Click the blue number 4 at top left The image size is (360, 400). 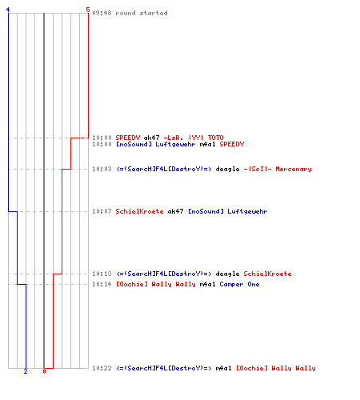pyautogui.click(x=8, y=10)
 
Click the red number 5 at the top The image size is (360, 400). pyautogui.click(x=88, y=10)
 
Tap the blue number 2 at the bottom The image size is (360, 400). pyautogui.click(x=26, y=371)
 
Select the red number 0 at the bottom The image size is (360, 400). pyautogui.click(x=44, y=371)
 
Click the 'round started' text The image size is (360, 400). pyautogui.click(x=142, y=13)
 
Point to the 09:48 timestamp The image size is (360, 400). pyautogui.click(x=102, y=13)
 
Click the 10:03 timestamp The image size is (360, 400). pyautogui.click(x=102, y=169)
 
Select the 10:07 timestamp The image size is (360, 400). pyautogui.click(x=102, y=211)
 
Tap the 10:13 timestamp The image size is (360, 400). pyautogui.click(x=102, y=274)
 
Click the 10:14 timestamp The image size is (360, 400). pyautogui.click(x=102, y=284)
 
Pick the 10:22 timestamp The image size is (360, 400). pyautogui.click(x=102, y=368)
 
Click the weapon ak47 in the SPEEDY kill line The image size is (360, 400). pyautogui.click(x=151, y=138)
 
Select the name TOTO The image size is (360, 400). pyautogui.click(x=215, y=138)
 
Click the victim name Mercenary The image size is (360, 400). pyautogui.click(x=294, y=169)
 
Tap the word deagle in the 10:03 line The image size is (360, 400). pyautogui.click(x=227, y=170)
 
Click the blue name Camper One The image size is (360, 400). pyautogui.click(x=239, y=285)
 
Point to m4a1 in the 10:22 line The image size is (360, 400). pyautogui.click(x=223, y=368)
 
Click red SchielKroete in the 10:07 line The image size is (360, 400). pyautogui.click(x=139, y=211)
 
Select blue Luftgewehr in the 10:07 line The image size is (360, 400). pyautogui.click(x=247, y=212)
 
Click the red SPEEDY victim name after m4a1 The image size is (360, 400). pyautogui.click(x=232, y=144)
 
